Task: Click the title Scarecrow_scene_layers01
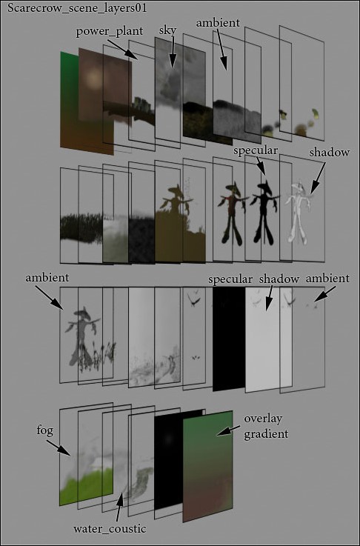pyautogui.click(x=77, y=8)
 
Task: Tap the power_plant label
pyautogui.click(x=110, y=31)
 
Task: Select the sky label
pyautogui.click(x=167, y=30)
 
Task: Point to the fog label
pyautogui.click(x=45, y=431)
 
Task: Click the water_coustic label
pyautogui.click(x=110, y=528)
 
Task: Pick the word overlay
pyautogui.click(x=263, y=419)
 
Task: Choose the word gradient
pyautogui.click(x=266, y=434)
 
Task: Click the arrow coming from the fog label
pyautogui.click(x=59, y=447)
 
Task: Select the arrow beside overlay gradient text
pyautogui.click(x=228, y=430)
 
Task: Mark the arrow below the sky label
pyautogui.click(x=173, y=53)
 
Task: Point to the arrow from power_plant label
pyautogui.click(x=122, y=50)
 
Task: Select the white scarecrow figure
pyautogui.click(x=297, y=213)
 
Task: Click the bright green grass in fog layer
pyautogui.click(x=87, y=485)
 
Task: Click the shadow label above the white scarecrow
pyautogui.click(x=330, y=153)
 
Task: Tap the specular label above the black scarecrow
pyautogui.click(x=256, y=151)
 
